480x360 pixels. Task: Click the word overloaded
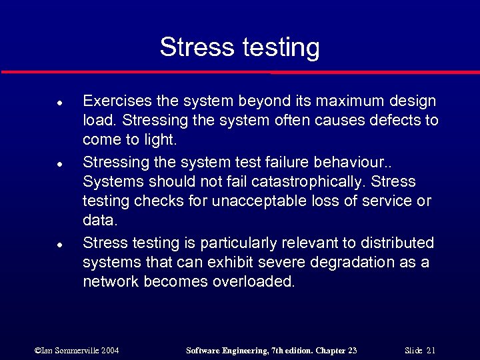253,281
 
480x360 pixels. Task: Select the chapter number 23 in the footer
352,350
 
